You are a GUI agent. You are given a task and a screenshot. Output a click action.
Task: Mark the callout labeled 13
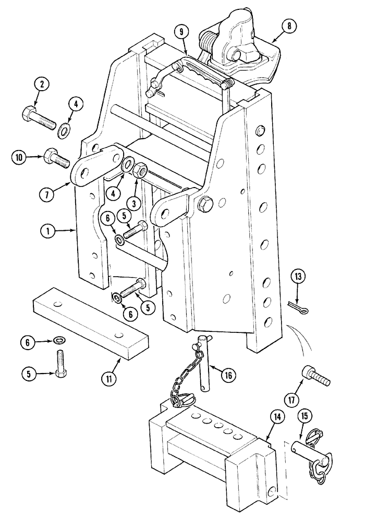coord(299,277)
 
